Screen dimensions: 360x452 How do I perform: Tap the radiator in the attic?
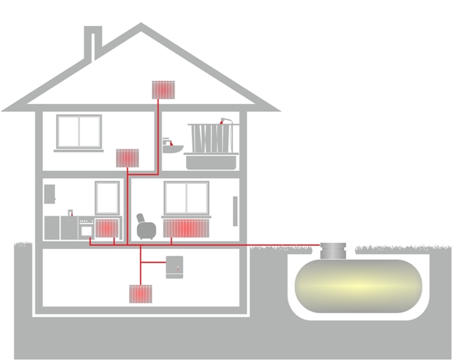point(164,89)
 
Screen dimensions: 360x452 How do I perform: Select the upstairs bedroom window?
point(79,131)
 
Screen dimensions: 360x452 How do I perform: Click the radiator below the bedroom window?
point(127,158)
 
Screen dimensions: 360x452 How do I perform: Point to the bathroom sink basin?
point(173,148)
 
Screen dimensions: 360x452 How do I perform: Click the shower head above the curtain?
point(224,120)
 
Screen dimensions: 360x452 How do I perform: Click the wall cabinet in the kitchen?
point(49,193)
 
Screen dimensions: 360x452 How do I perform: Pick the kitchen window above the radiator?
point(107,197)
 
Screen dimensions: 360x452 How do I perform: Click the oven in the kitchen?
point(86,229)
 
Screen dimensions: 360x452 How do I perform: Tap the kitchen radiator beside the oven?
point(107,228)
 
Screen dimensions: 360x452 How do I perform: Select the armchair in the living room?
point(146,228)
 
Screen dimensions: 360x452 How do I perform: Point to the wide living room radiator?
point(185,229)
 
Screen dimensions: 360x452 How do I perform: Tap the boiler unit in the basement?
point(175,266)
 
